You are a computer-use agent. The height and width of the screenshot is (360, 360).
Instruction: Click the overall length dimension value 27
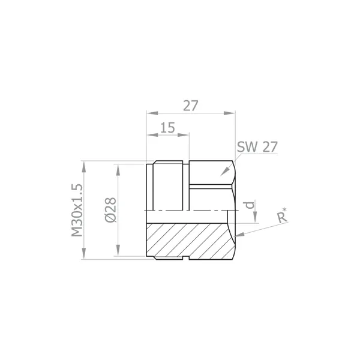pyautogui.click(x=190, y=106)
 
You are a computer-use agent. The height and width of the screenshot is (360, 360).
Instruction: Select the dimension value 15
pyautogui.click(x=167, y=128)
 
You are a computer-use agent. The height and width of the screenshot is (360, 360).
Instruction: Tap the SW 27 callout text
pyautogui.click(x=257, y=147)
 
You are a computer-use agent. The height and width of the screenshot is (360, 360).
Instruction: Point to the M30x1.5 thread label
pyautogui.click(x=77, y=210)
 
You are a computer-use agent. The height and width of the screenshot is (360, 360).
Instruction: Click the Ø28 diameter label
pyautogui.click(x=110, y=210)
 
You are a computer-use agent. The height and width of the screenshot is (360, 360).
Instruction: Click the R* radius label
pyautogui.click(x=282, y=215)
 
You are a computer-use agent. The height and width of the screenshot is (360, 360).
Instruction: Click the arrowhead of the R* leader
pyautogui.click(x=239, y=235)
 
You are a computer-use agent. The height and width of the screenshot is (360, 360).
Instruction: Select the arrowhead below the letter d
pyautogui.click(x=255, y=217)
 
